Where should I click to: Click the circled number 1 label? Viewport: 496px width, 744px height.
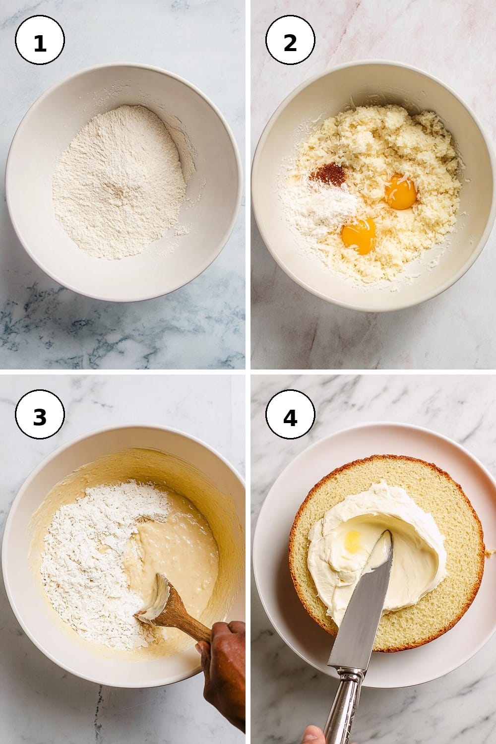(x=40, y=40)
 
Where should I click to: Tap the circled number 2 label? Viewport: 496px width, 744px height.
(x=290, y=40)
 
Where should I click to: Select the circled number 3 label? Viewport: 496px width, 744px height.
(x=40, y=414)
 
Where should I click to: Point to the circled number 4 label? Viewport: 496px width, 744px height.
(x=290, y=414)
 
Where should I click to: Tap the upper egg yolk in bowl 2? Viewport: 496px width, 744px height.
(x=401, y=192)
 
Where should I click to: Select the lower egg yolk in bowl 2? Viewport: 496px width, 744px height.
(x=359, y=236)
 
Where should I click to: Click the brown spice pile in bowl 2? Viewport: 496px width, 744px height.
(x=328, y=175)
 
